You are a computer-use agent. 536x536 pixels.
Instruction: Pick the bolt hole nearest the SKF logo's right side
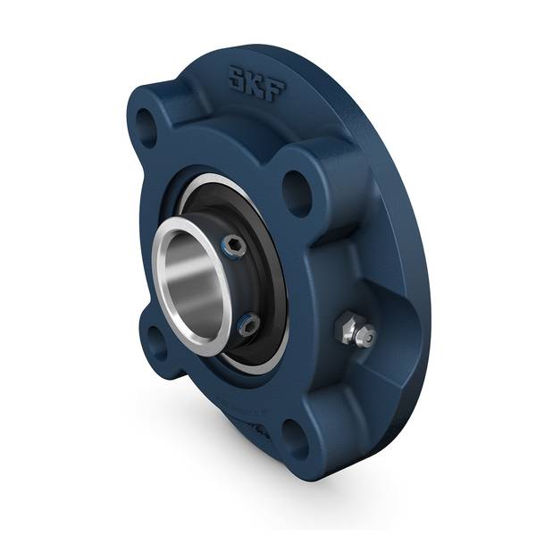click(x=297, y=189)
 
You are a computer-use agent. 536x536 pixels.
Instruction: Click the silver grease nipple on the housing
click(x=355, y=331)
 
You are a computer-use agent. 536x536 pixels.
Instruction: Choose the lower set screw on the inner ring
click(x=248, y=324)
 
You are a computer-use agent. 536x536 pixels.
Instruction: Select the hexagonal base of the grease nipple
click(x=346, y=328)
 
